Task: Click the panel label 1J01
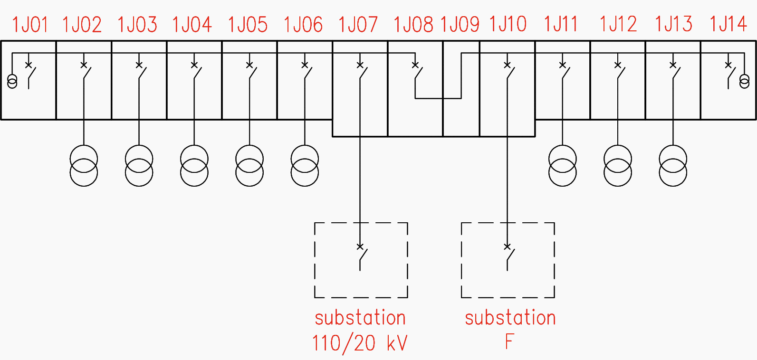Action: tap(30, 24)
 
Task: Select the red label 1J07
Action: tap(358, 24)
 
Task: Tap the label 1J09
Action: tap(460, 24)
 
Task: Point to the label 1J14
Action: tap(728, 24)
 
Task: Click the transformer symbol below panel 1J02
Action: tap(84, 165)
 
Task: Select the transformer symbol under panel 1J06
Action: tap(305, 165)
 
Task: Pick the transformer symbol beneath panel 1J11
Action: tap(563, 165)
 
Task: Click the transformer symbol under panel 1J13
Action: tap(673, 165)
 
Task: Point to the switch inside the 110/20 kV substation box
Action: tap(362, 256)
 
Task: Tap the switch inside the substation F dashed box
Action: tap(509, 256)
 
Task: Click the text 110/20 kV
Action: tap(360, 343)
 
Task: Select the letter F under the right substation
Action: tap(509, 341)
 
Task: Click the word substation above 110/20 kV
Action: tap(360, 318)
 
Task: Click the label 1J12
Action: tap(618, 24)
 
